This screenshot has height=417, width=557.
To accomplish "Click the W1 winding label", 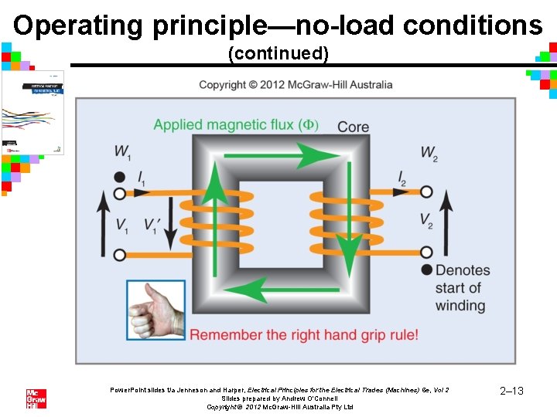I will point(123,151).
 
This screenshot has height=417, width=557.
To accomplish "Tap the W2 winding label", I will point(429,152).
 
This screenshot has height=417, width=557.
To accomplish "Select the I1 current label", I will point(142,180).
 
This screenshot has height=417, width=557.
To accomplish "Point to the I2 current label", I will point(403,180).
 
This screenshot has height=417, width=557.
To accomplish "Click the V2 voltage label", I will point(426,222).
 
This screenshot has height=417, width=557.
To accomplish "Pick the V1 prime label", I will point(152,225).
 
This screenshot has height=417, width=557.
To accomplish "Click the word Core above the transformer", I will point(353,127).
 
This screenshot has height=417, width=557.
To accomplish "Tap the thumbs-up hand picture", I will point(155,310).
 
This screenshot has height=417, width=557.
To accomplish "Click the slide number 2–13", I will point(512,392).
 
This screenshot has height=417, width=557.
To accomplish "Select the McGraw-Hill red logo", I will point(36,398).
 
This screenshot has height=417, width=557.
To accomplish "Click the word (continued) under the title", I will point(278,54).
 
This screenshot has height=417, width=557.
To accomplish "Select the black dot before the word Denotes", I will point(426,270).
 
